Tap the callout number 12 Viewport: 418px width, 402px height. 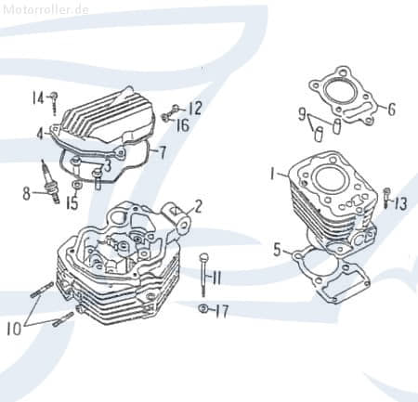point(195,108)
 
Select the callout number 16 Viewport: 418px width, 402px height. point(183,125)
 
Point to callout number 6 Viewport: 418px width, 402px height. point(391,110)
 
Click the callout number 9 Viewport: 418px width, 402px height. point(302,114)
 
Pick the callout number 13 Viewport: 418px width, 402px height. point(400,203)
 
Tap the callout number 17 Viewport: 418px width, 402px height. point(221,311)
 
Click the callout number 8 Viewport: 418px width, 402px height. point(26,193)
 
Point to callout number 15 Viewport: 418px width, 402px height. point(71,202)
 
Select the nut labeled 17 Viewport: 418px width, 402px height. point(202,308)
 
